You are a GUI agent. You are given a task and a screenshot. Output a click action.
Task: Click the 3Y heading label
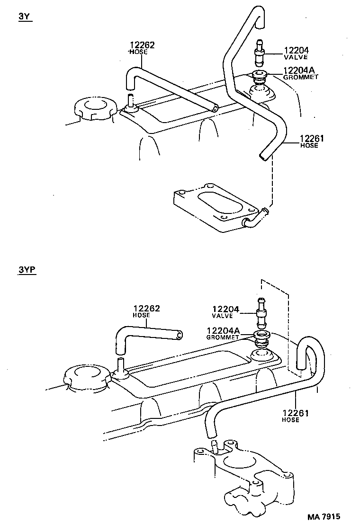pyautogui.click(x=25, y=16)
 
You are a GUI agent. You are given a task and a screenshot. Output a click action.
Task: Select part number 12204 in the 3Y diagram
pyautogui.click(x=296, y=50)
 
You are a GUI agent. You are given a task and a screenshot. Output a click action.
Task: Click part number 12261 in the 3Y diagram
pyautogui.click(x=311, y=139)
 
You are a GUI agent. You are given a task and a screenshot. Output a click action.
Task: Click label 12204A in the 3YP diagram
pyautogui.click(x=223, y=330)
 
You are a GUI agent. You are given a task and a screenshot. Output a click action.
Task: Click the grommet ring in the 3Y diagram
pyautogui.click(x=259, y=76)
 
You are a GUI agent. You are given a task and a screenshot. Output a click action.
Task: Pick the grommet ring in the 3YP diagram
pyautogui.click(x=261, y=337)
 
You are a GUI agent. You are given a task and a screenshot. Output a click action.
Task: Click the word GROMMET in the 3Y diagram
pyautogui.click(x=301, y=77)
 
